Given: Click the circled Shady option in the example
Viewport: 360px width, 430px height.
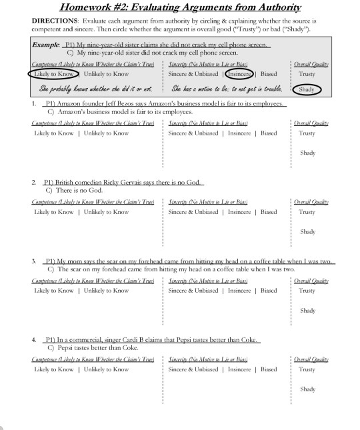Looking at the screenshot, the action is pyautogui.click(x=307, y=89).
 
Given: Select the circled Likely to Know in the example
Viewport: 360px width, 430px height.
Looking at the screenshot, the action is pyautogui.click(x=54, y=74).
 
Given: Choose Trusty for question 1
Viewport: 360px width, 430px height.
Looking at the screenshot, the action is pyautogui.click(x=307, y=133).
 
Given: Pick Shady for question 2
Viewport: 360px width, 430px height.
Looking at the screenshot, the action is pyautogui.click(x=307, y=231).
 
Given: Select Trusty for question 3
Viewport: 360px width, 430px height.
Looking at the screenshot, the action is pyautogui.click(x=307, y=290).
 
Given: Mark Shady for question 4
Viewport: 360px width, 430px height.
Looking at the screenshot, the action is pyautogui.click(x=307, y=389).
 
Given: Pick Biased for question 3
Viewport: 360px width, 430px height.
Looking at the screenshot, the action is pyautogui.click(x=269, y=290).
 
